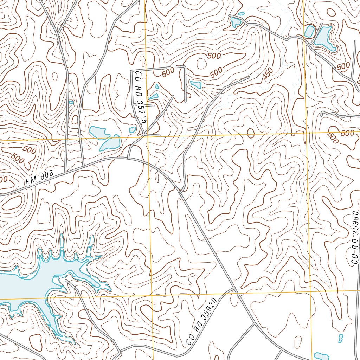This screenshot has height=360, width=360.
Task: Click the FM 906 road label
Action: point(39,178)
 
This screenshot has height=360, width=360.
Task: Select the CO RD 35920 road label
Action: point(200,321)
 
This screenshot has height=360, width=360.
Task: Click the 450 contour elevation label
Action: point(268,73)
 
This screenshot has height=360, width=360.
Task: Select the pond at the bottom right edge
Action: point(321,356)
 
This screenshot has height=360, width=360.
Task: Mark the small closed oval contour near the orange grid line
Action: point(251,133)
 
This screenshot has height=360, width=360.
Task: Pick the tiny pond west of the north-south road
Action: point(71,102)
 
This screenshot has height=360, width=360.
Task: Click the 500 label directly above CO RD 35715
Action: point(169,72)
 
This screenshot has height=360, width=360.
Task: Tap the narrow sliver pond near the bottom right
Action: point(340,338)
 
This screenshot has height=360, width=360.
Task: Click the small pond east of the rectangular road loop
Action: point(196,84)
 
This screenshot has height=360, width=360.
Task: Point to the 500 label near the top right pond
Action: point(343,65)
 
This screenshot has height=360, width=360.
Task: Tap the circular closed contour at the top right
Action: point(331,12)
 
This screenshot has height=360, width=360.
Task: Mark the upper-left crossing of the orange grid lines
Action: point(147,136)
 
